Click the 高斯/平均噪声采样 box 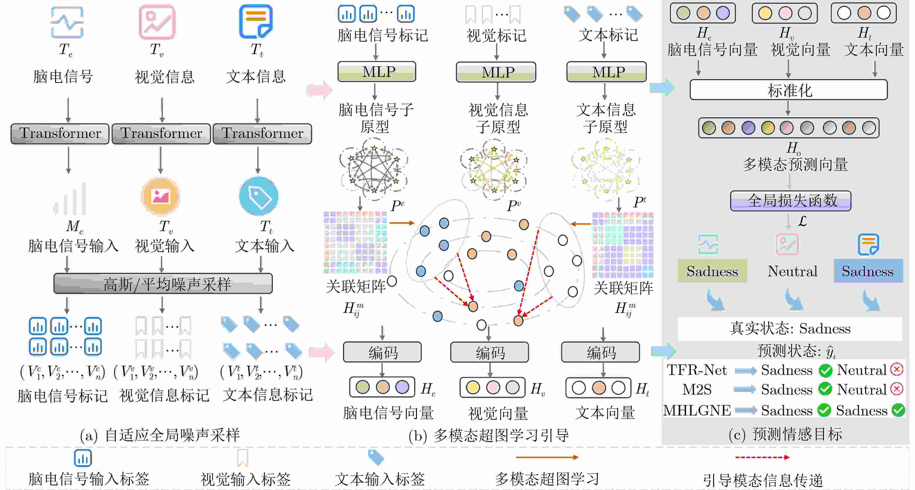[x=163, y=284]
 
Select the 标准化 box [x=788, y=90]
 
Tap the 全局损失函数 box [x=790, y=201]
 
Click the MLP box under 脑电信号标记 [x=377, y=72]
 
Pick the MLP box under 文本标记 [x=606, y=72]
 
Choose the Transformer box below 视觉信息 [x=161, y=134]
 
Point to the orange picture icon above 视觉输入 [x=161, y=196]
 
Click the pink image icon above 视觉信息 [x=157, y=22]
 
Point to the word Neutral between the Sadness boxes [x=792, y=271]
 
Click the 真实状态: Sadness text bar [x=790, y=329]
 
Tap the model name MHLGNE [x=697, y=410]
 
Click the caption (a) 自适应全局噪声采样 [x=160, y=435]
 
